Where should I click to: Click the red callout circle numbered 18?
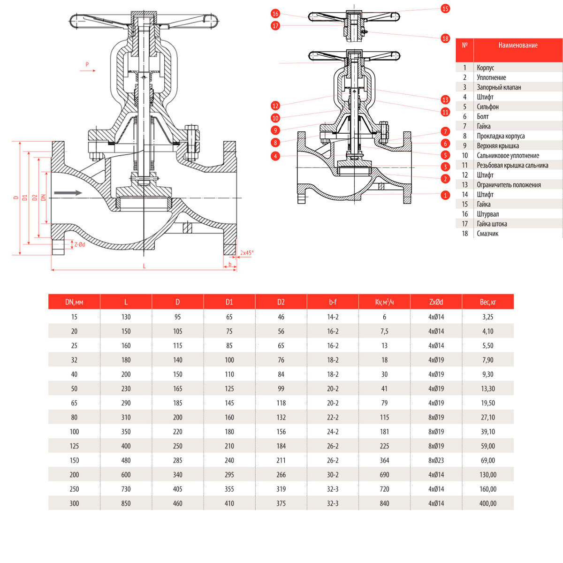pyautogui.click(x=445, y=38)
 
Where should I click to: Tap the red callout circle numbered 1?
pyautogui.click(x=445, y=195)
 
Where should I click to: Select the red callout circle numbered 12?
pyautogui.click(x=275, y=106)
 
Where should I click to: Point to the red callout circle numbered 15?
pyautogui.click(x=445, y=8)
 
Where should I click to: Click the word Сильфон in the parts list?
pyautogui.click(x=487, y=107)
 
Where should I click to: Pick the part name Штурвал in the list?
pyautogui.click(x=487, y=214)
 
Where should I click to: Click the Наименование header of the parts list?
pyautogui.click(x=517, y=46)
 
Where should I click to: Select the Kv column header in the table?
pyautogui.click(x=384, y=302)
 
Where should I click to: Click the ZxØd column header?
pyautogui.click(x=436, y=302)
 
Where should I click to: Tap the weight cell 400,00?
pyautogui.click(x=487, y=503)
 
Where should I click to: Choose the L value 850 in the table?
pyautogui.click(x=126, y=503)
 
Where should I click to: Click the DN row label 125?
pyautogui.click(x=74, y=446)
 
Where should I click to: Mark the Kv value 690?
pyautogui.click(x=384, y=475)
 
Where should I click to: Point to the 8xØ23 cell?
pyautogui.click(x=436, y=460)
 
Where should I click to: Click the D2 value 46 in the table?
pyautogui.click(x=281, y=317)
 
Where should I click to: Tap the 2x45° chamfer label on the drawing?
pyautogui.click(x=247, y=253)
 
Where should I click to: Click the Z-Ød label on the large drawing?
pyautogui.click(x=79, y=244)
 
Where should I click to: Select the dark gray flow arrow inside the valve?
pyautogui.click(x=68, y=193)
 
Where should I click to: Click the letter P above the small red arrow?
pyautogui.click(x=87, y=64)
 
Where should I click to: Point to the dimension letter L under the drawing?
pyautogui.click(x=145, y=266)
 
